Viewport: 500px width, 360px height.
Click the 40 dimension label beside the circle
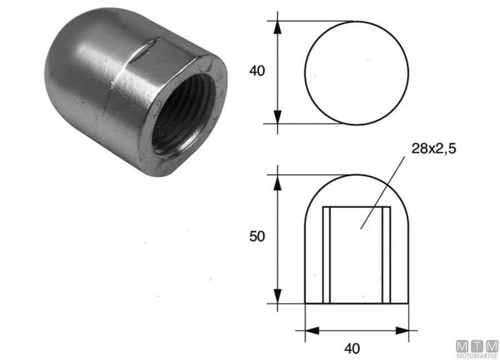(258, 71)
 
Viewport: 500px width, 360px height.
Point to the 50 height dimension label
(258, 236)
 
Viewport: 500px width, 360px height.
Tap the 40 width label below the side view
(352, 349)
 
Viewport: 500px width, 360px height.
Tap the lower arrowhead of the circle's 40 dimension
(278, 117)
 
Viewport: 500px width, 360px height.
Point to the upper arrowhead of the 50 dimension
(278, 183)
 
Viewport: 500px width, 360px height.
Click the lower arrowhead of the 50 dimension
(278, 297)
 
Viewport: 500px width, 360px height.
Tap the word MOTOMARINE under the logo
(477, 356)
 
